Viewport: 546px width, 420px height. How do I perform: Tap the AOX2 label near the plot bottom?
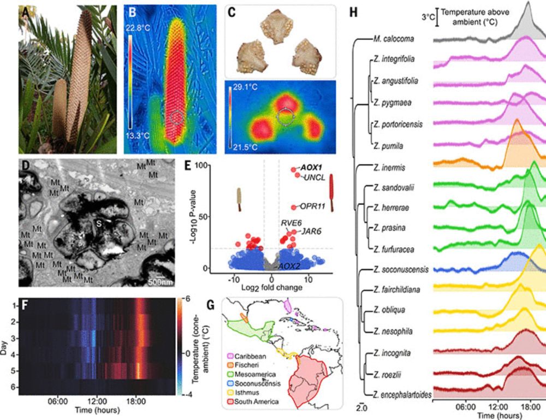[x=289, y=266]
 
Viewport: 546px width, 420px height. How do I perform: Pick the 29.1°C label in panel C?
[x=242, y=86]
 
